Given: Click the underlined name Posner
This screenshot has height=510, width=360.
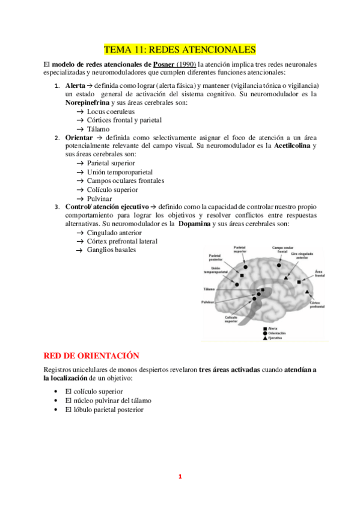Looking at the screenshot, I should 165,64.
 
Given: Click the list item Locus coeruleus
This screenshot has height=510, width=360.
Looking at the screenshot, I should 111,112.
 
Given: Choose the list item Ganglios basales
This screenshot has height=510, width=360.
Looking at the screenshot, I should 111,250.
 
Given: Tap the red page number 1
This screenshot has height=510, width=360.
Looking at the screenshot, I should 179,477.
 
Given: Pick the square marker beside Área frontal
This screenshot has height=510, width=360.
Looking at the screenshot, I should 299,281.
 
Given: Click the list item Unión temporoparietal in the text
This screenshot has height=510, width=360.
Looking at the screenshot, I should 119,172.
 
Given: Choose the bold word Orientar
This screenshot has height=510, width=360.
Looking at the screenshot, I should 79,138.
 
